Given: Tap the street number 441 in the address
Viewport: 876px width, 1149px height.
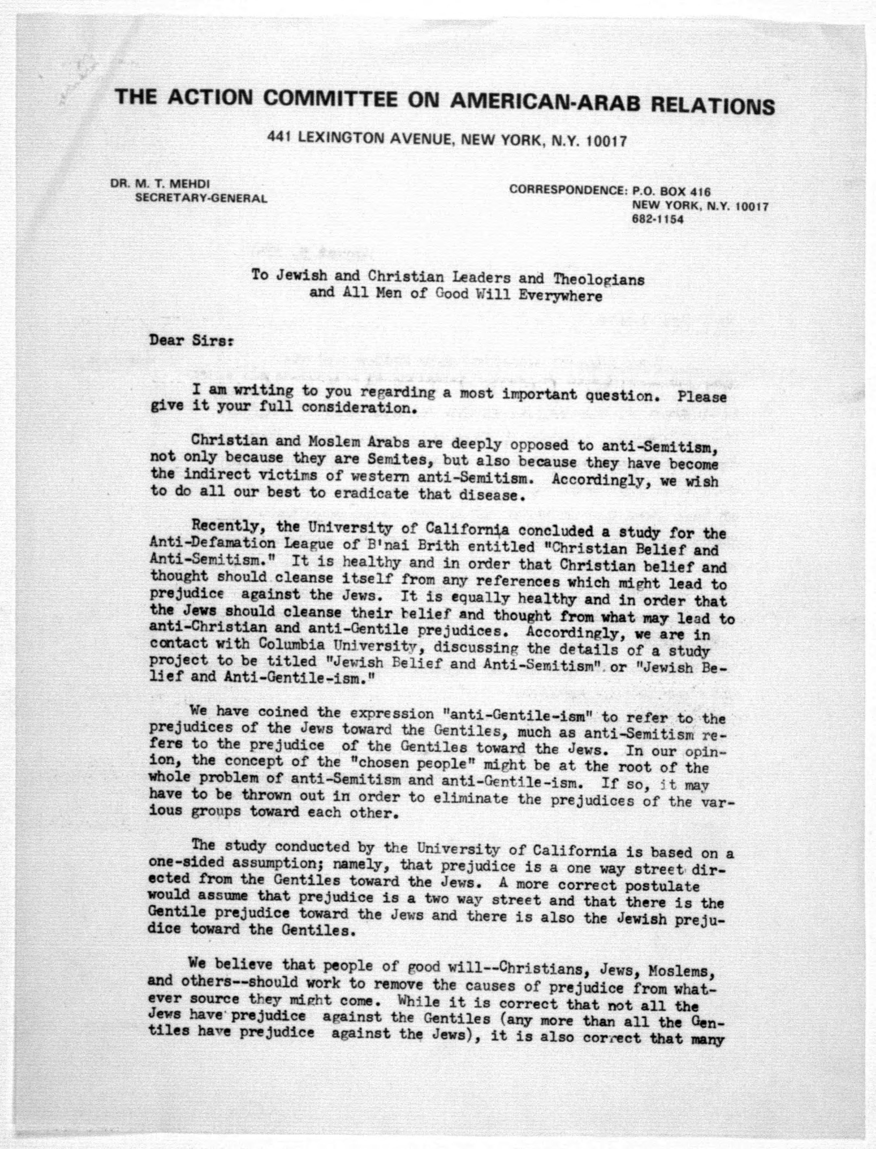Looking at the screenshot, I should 279,137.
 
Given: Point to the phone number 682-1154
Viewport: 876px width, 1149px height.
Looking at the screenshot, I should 657,219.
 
